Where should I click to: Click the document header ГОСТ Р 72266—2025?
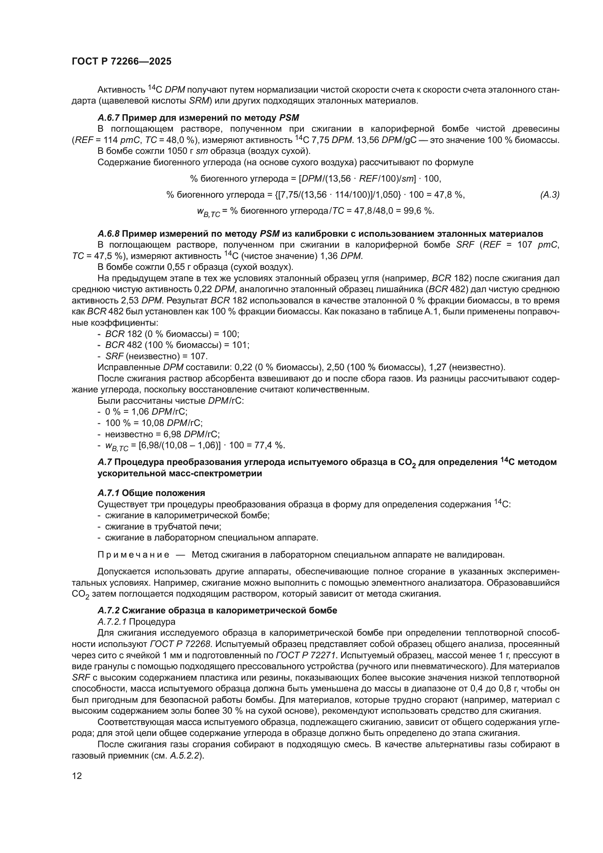121,62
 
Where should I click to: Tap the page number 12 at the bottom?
77,776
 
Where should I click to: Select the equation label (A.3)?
549,195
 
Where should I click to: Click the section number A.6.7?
108,118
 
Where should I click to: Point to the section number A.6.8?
108,234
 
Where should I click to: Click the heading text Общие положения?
163,493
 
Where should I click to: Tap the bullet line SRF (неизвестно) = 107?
156,356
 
